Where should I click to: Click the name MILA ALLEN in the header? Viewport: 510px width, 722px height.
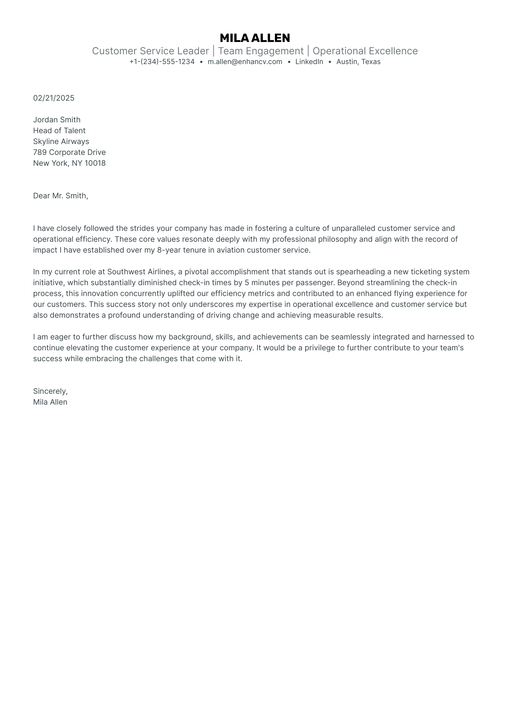255,38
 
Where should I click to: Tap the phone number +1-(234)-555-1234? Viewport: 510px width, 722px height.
162,62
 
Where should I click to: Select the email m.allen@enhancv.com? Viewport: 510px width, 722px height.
245,62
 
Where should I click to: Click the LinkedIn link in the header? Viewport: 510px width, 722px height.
309,62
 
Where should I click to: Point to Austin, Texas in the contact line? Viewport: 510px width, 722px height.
358,62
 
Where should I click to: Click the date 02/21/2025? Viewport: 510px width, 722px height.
54,98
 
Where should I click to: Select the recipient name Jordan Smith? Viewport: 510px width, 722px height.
57,120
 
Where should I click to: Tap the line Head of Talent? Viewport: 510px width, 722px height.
59,131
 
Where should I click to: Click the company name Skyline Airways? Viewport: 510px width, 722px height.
61,142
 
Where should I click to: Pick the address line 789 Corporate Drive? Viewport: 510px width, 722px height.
69,152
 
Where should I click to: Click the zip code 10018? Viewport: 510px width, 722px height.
95,163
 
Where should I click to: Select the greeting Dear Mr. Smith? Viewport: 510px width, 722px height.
60,196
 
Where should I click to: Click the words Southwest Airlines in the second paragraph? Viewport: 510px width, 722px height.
141,272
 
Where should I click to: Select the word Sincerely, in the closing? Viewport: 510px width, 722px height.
50,391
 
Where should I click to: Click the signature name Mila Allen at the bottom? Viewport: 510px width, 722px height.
50,402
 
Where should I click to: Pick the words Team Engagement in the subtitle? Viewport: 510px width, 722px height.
261,51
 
